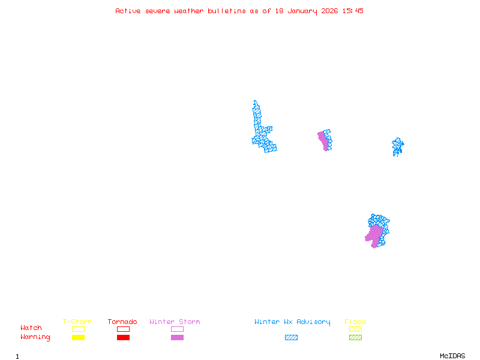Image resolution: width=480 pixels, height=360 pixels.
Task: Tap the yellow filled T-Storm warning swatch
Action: pos(78,338)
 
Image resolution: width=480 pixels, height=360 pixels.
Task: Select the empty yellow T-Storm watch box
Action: pos(78,329)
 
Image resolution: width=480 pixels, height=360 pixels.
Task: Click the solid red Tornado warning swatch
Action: pos(123,338)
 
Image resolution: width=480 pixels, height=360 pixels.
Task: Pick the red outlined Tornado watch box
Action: pos(123,329)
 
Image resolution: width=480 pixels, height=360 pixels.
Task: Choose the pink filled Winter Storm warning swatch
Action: pos(177,338)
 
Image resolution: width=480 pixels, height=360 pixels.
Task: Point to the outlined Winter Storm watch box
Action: pos(177,329)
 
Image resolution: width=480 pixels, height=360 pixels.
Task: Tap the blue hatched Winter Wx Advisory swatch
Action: pos(291,338)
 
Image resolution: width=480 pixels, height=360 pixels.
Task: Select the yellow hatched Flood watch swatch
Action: pos(355,329)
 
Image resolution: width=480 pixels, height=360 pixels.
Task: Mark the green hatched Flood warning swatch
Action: pos(355,338)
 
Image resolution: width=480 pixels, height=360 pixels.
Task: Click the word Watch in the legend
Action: pos(31,328)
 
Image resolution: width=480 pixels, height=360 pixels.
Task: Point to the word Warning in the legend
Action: pos(35,337)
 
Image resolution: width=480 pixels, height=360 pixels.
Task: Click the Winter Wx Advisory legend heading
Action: pos(292,322)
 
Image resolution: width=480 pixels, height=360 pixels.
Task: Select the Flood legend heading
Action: pos(355,322)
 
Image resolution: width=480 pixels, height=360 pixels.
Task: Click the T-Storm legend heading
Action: pos(77,322)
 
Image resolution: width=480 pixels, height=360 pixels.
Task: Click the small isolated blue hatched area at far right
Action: pos(397,146)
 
